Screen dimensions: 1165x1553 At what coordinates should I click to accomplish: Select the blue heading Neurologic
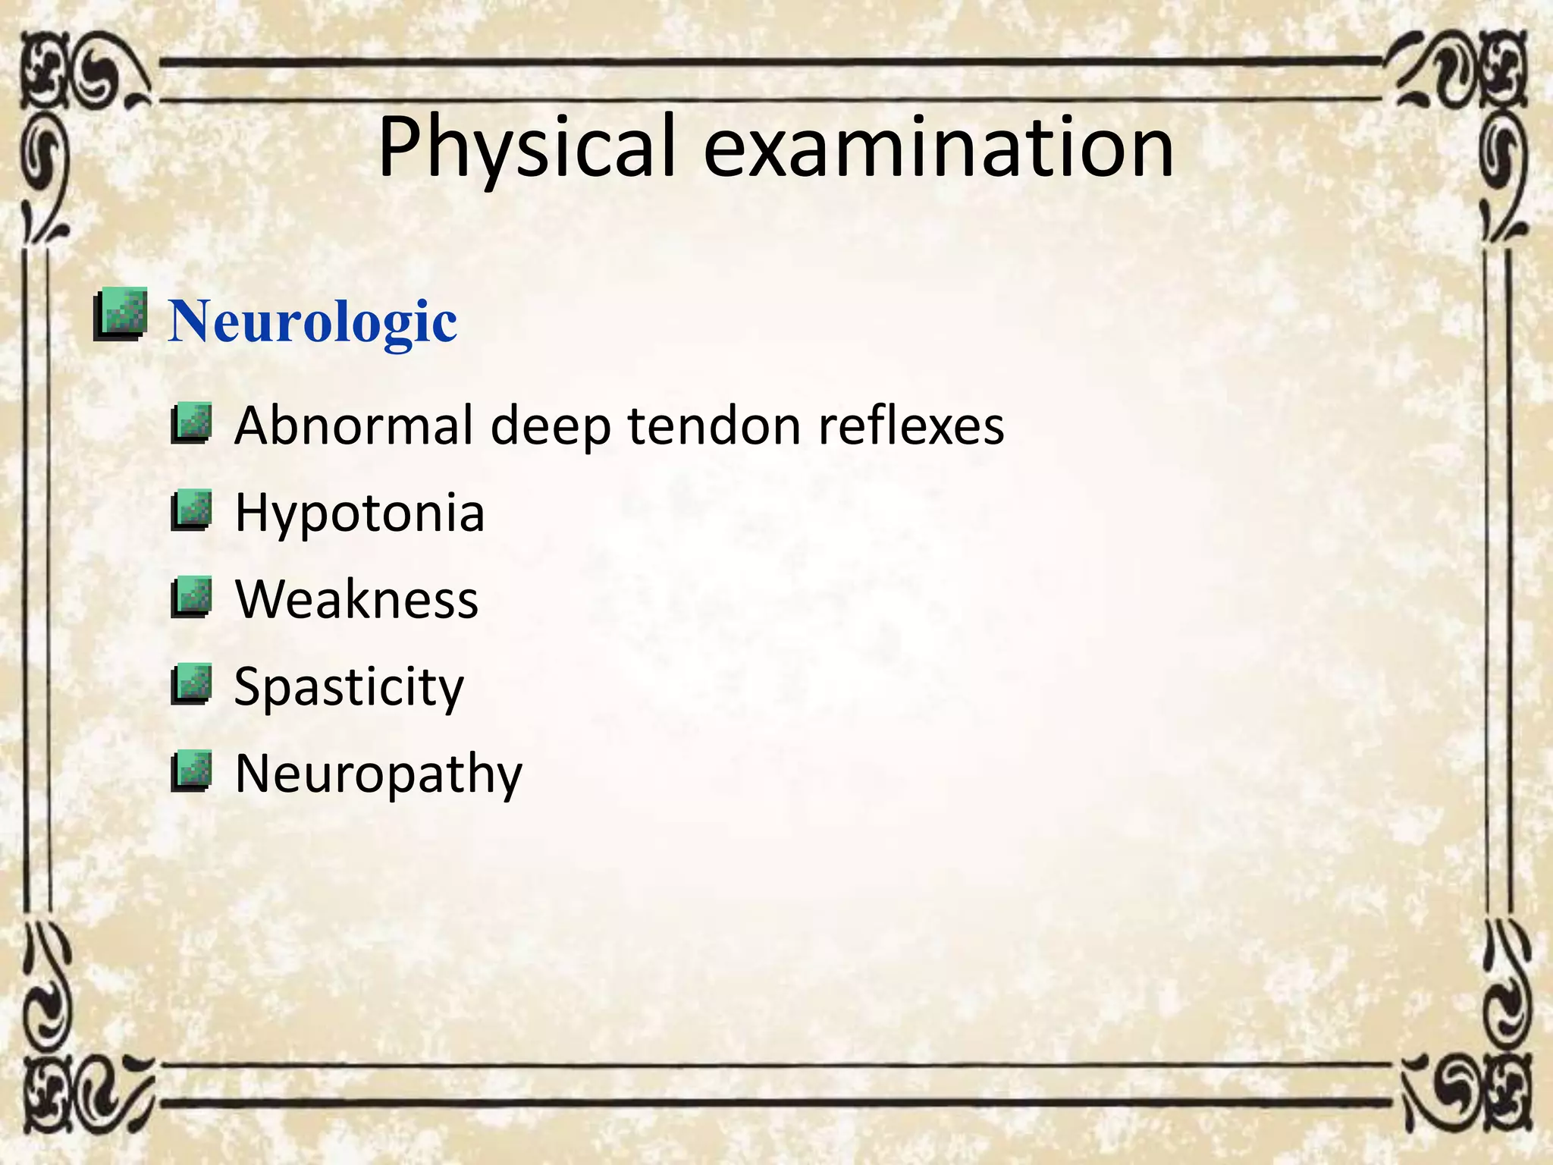(x=312, y=322)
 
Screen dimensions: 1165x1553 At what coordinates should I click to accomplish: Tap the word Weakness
(x=356, y=600)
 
